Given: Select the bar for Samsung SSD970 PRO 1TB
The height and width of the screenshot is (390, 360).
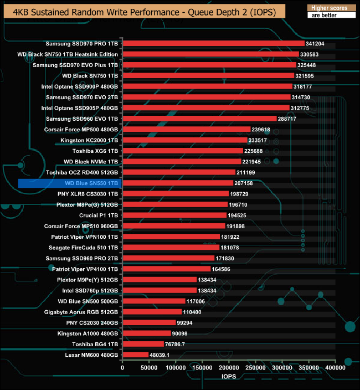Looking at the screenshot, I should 213,43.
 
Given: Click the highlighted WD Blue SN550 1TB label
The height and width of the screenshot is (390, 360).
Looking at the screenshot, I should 91,183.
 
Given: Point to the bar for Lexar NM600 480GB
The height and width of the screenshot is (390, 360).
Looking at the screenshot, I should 135,355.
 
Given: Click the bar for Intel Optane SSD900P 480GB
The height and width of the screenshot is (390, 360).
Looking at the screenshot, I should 207,86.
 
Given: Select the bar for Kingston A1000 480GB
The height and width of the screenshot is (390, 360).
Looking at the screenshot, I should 146,333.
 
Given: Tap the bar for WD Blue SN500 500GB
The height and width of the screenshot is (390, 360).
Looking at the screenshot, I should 153,301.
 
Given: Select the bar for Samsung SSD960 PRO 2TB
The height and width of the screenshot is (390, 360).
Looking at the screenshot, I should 168,258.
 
